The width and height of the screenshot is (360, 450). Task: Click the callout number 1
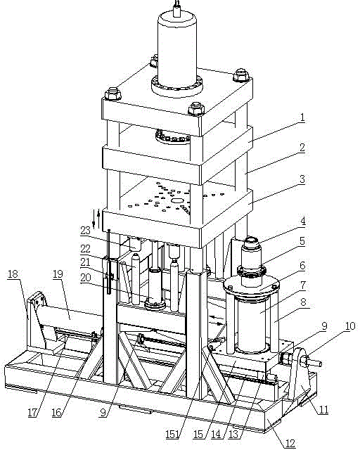pyautogui.click(x=302, y=117)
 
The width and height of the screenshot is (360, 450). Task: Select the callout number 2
pyautogui.click(x=302, y=148)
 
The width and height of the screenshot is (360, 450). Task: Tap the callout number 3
pyautogui.click(x=302, y=179)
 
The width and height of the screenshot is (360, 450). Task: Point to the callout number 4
pyautogui.click(x=303, y=221)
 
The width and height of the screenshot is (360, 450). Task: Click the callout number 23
pyautogui.click(x=85, y=230)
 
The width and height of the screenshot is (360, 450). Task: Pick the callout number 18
pyautogui.click(x=13, y=274)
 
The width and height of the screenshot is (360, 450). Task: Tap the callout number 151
pyautogui.click(x=172, y=435)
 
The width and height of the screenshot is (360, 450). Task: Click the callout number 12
pyautogui.click(x=290, y=444)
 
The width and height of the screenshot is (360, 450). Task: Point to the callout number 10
pyautogui.click(x=350, y=326)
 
